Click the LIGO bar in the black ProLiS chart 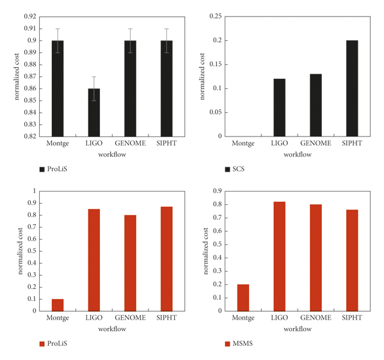tap(93, 112)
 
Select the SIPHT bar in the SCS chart tap(351, 88)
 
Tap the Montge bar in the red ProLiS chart tap(58, 305)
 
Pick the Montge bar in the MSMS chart tap(243, 298)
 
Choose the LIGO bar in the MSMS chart tap(280, 256)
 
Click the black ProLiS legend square tap(42, 169)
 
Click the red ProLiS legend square tap(42, 343)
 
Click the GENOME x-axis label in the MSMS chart tap(316, 318)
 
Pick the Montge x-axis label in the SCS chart tap(243, 143)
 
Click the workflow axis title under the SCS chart tap(298, 154)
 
